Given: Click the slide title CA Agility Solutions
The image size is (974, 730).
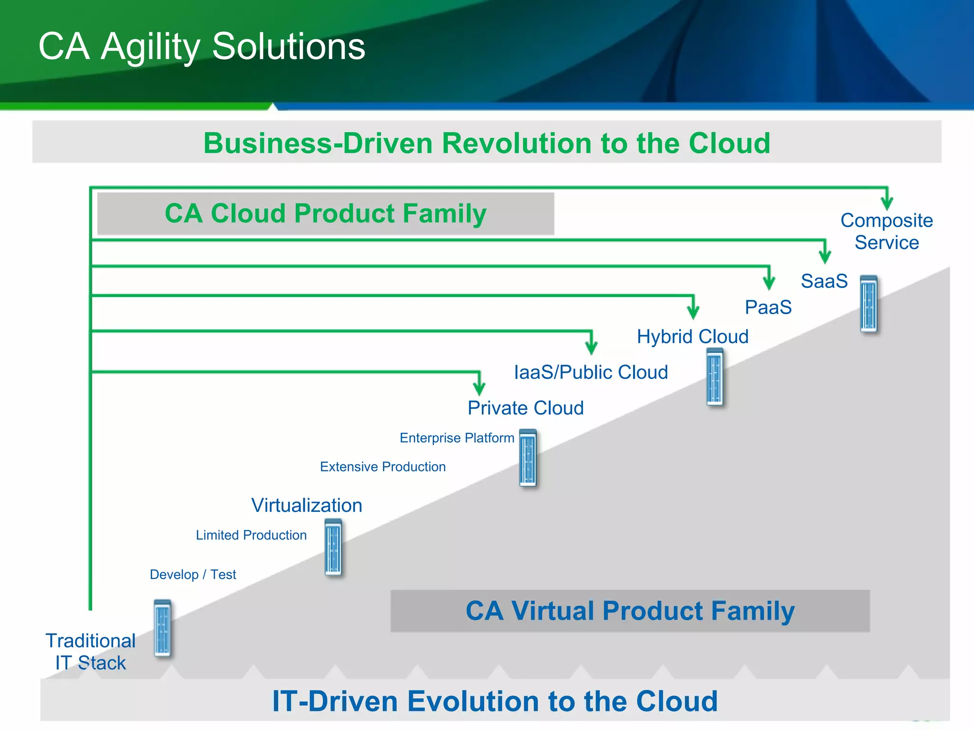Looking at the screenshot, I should coord(202,47).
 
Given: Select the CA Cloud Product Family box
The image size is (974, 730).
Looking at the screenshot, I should coord(325,213).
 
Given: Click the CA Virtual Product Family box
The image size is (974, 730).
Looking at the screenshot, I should coord(630,611).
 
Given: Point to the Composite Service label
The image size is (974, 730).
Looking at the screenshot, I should coord(886,231).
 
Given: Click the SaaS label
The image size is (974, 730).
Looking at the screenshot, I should coord(824,281).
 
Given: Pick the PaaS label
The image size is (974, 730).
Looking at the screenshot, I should coord(768,307).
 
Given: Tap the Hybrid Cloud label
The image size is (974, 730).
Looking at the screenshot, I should coord(692,336).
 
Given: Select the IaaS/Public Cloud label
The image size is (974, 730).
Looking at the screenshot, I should coord(591,372).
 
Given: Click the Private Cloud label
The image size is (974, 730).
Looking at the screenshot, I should coord(526,408).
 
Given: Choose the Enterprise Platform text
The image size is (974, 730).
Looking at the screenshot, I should coord(457,438).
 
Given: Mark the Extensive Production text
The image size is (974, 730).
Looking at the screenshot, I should coord(382,467).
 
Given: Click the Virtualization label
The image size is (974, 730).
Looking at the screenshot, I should coord(307,505).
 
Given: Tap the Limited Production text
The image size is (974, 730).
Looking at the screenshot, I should coord(251,535).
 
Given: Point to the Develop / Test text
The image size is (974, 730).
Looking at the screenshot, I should coord(193,575).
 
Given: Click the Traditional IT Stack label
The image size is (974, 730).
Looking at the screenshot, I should coord(90,652).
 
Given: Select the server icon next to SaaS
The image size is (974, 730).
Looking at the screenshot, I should coord(869,304).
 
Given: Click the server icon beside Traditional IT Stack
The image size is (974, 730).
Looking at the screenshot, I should coord(162,628).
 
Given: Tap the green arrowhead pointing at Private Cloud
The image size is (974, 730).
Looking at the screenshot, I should coord(479,387).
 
